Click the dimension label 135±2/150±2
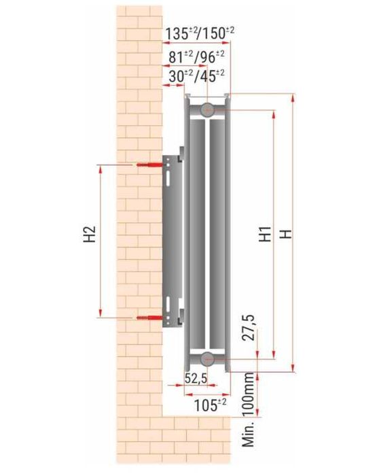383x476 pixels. coord(200,33)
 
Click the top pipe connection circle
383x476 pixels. coord(208,108)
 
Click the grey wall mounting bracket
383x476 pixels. coord(172,238)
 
